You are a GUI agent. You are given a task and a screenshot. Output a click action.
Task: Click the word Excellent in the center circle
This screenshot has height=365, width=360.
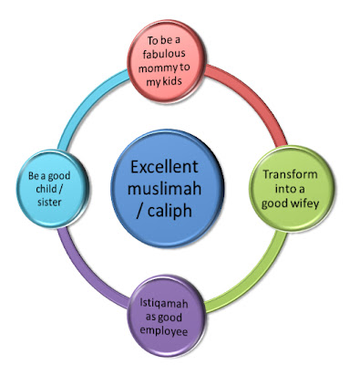tap(164, 167)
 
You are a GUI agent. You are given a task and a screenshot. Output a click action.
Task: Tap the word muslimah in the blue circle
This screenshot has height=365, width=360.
tap(164, 188)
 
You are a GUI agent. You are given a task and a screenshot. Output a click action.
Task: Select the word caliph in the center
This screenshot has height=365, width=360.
tap(170, 211)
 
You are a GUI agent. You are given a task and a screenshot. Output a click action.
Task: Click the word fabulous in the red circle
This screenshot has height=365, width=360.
tap(164, 54)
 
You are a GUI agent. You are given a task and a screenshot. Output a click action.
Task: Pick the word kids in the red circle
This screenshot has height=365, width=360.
tap(172, 81)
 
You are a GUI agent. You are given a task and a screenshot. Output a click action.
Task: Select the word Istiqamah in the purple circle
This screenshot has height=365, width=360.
tap(164, 303)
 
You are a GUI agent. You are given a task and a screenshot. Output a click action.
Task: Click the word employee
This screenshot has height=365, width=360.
tap(163, 331)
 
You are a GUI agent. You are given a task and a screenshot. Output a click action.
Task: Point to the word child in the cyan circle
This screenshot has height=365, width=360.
tap(46, 189)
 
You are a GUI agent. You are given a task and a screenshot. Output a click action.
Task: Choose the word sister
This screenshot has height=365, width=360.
tap(49, 203)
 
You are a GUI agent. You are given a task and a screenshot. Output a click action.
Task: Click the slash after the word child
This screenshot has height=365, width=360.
tap(60, 189)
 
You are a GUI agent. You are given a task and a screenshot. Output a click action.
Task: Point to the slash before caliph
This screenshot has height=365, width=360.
tap(139, 211)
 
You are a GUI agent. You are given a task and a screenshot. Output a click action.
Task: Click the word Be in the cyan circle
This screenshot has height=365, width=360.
tap(33, 176)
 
